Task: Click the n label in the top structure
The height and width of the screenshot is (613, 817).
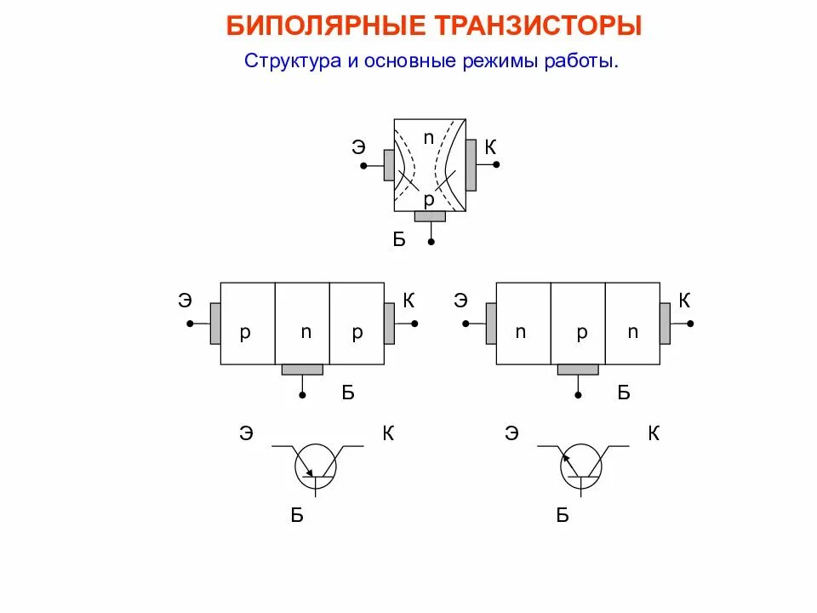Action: click(x=429, y=136)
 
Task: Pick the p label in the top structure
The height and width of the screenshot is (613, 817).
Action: click(x=429, y=198)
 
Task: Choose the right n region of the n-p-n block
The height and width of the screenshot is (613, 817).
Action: click(x=632, y=332)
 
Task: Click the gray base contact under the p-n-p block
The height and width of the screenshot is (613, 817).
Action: click(x=302, y=370)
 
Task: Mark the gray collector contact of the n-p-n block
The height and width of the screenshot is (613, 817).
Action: click(x=665, y=324)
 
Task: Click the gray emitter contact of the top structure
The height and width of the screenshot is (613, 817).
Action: click(x=389, y=165)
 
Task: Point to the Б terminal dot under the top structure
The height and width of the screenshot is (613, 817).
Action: click(x=431, y=243)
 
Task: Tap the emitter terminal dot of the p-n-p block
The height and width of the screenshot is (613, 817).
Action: click(x=191, y=324)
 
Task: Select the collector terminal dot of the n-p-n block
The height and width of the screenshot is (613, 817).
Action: click(x=690, y=324)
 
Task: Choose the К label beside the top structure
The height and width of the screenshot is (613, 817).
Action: click(x=490, y=147)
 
